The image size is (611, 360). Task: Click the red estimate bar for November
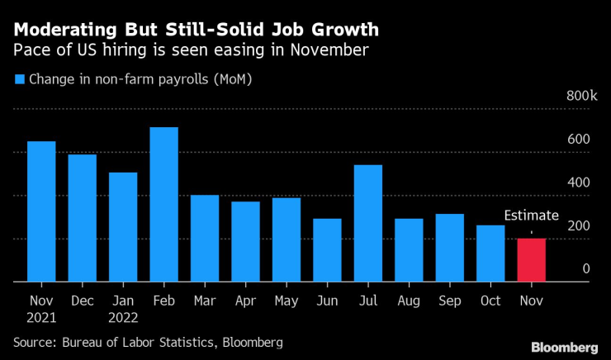531,260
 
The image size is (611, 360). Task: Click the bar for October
490,253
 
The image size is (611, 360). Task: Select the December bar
82,218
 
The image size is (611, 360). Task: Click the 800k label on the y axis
581,97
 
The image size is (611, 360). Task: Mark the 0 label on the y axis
585,268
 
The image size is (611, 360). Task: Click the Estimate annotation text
531,216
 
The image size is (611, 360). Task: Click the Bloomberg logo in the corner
564,347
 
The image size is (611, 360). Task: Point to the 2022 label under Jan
123,316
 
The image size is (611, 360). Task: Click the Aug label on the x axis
409,301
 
